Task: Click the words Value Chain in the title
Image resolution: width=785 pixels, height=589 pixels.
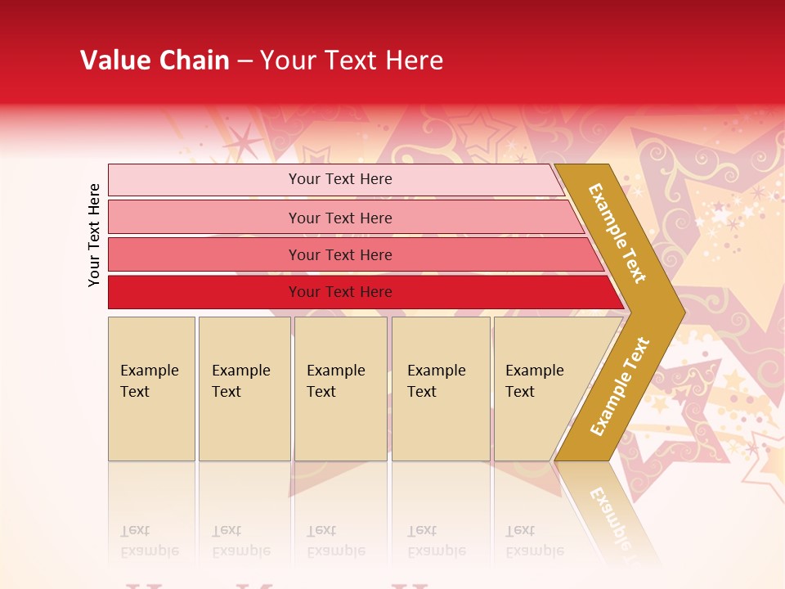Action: coord(155,61)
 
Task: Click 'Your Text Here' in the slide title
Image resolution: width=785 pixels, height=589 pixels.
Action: coord(352,61)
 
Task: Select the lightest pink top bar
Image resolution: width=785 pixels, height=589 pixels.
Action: coord(204,180)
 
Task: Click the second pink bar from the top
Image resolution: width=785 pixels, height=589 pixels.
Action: coord(204,218)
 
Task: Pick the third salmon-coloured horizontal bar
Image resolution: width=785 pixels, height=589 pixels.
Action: coord(204,254)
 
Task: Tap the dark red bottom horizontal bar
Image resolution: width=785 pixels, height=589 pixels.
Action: coord(204,292)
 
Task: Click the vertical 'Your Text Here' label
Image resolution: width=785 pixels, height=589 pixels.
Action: coord(94,236)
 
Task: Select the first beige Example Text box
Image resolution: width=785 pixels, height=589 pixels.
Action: coord(151,389)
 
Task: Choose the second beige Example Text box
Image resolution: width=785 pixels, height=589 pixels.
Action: coord(244,389)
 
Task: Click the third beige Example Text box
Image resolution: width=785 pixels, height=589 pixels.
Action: coord(340,389)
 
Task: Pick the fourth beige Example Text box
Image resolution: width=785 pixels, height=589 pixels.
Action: coord(441,389)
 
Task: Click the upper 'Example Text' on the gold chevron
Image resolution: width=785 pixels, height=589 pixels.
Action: coord(617,233)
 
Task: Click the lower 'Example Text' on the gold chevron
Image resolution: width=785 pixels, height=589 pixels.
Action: coord(619,387)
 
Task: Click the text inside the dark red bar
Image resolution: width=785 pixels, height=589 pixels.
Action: coord(340,292)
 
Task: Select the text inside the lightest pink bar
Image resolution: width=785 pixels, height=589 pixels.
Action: coord(340,179)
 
